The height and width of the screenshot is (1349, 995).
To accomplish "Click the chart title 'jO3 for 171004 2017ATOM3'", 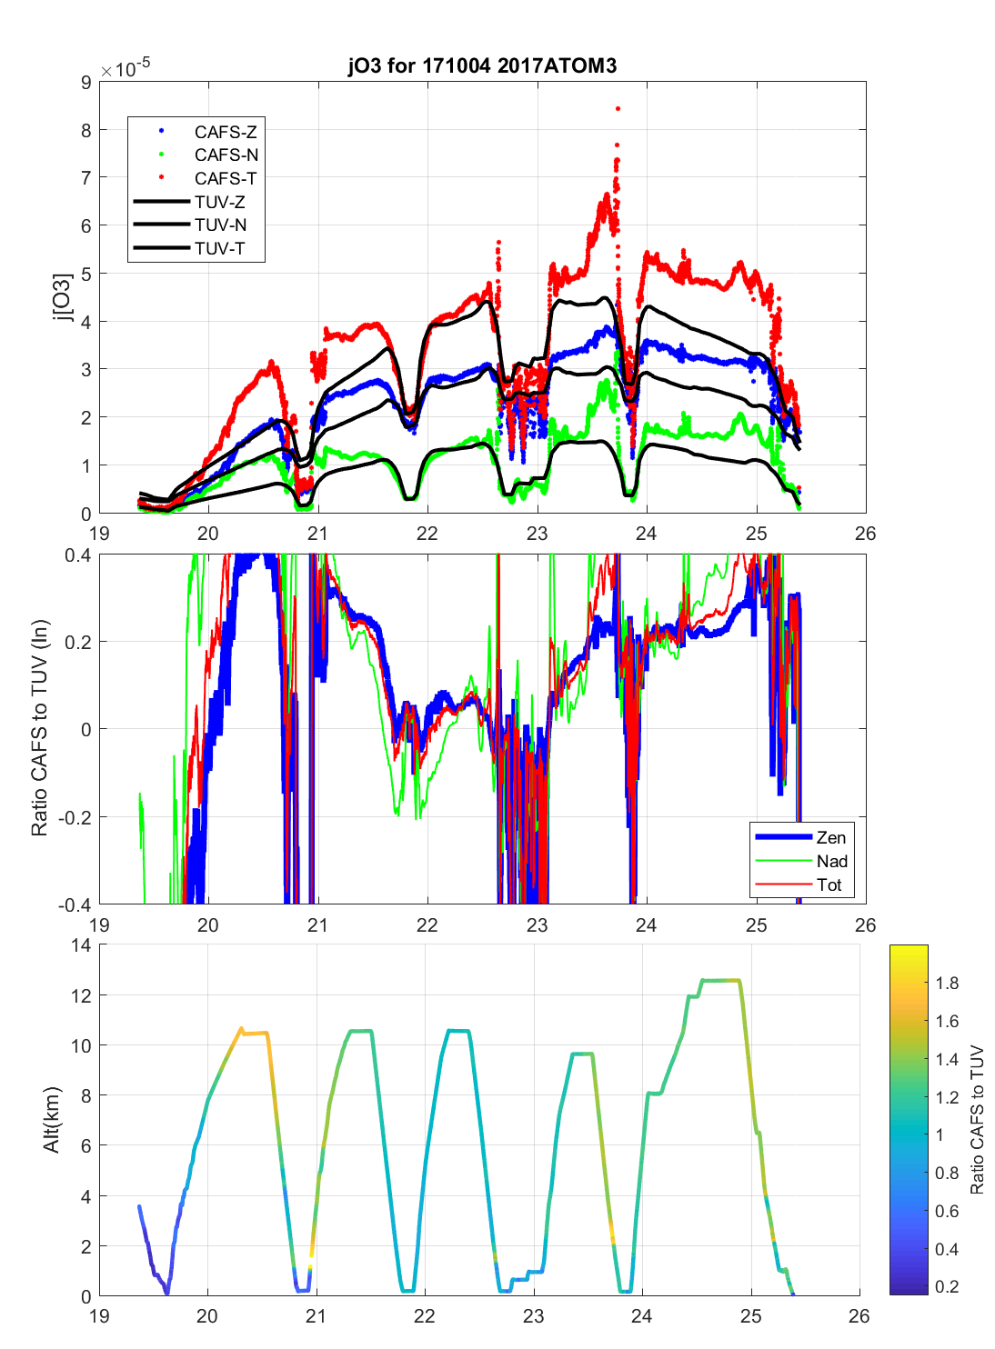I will coord(482,65).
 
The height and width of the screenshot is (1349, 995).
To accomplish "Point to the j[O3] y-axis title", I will coord(62,297).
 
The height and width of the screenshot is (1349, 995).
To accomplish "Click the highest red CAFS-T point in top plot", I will coord(618,108).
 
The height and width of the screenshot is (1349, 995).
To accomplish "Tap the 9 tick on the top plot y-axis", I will coord(86,83).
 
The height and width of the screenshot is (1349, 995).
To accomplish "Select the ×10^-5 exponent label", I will coord(126,70).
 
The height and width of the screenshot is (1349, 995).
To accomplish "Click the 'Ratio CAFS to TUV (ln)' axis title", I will coord(39,728).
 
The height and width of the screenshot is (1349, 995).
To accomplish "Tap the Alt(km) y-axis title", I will coord(51,1120).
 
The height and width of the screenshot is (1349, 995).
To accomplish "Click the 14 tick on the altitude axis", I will coord(81,945).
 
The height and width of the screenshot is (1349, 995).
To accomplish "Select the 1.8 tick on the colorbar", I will coord(947,983).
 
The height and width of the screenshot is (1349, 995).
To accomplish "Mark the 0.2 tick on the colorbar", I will coord(947,1286).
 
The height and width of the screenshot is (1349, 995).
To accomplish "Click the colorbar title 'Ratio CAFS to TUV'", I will coord(977,1120).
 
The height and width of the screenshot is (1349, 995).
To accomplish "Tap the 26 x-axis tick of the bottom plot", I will coord(859,1315).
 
